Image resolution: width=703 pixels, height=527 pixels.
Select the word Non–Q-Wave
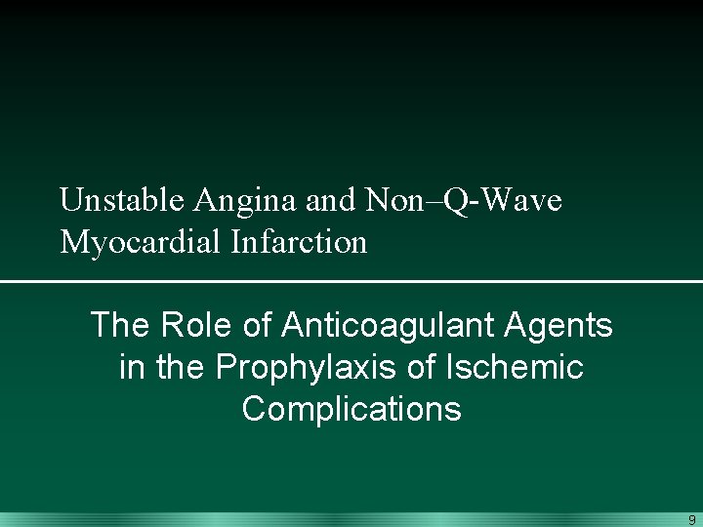[x=464, y=200]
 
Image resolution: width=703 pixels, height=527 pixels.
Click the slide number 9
[x=691, y=520]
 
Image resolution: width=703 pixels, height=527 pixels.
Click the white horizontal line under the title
[x=351, y=282]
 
